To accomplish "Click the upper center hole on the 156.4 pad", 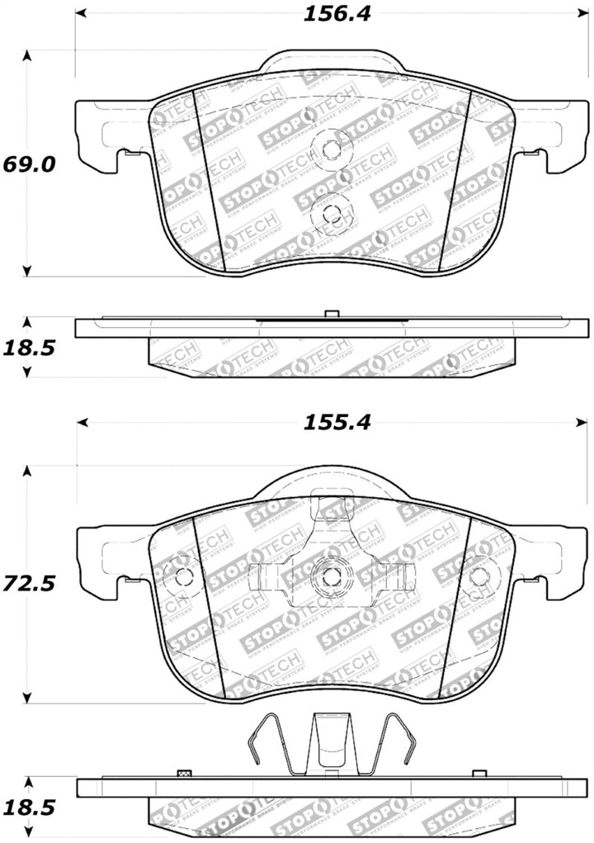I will (x=331, y=150).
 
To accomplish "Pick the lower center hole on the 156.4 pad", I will (x=331, y=214).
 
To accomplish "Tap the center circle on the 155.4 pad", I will (x=331, y=577).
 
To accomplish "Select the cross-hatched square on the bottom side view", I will (x=184, y=774).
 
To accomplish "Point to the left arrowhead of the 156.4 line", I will (x=80, y=15).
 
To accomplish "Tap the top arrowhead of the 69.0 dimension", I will (x=27, y=56).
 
